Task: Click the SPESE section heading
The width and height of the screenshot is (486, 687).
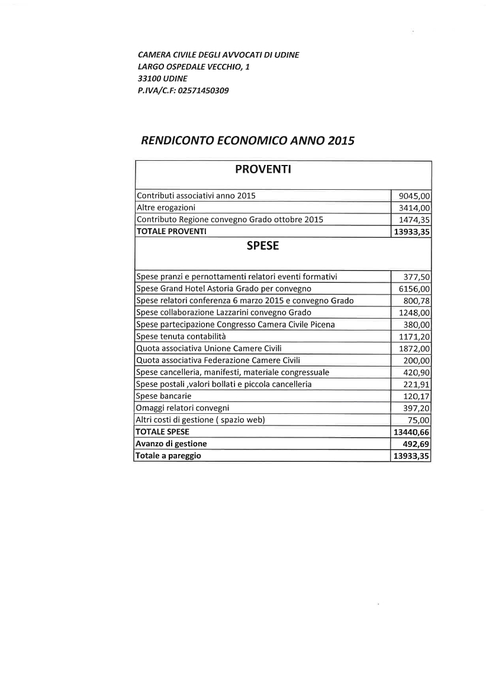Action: click(262, 247)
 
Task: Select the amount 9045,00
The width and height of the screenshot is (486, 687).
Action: click(415, 196)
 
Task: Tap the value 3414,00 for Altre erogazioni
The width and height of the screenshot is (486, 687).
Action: click(415, 208)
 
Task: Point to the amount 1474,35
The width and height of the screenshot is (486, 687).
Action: click(415, 219)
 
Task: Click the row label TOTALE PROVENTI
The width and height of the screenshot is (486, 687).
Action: click(171, 231)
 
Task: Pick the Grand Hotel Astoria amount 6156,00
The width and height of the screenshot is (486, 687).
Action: click(415, 289)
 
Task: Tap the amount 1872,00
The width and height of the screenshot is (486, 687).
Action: click(415, 348)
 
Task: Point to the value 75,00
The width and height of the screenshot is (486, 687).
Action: click(419, 420)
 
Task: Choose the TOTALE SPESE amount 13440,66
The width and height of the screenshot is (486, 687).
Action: click(412, 432)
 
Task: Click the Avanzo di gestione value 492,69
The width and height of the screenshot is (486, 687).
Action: click(416, 444)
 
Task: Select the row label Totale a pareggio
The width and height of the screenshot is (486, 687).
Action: click(168, 456)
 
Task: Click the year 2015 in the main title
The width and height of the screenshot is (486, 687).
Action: click(339, 141)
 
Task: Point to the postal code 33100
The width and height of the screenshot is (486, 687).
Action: click(148, 79)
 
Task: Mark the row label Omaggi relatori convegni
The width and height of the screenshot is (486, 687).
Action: click(182, 408)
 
